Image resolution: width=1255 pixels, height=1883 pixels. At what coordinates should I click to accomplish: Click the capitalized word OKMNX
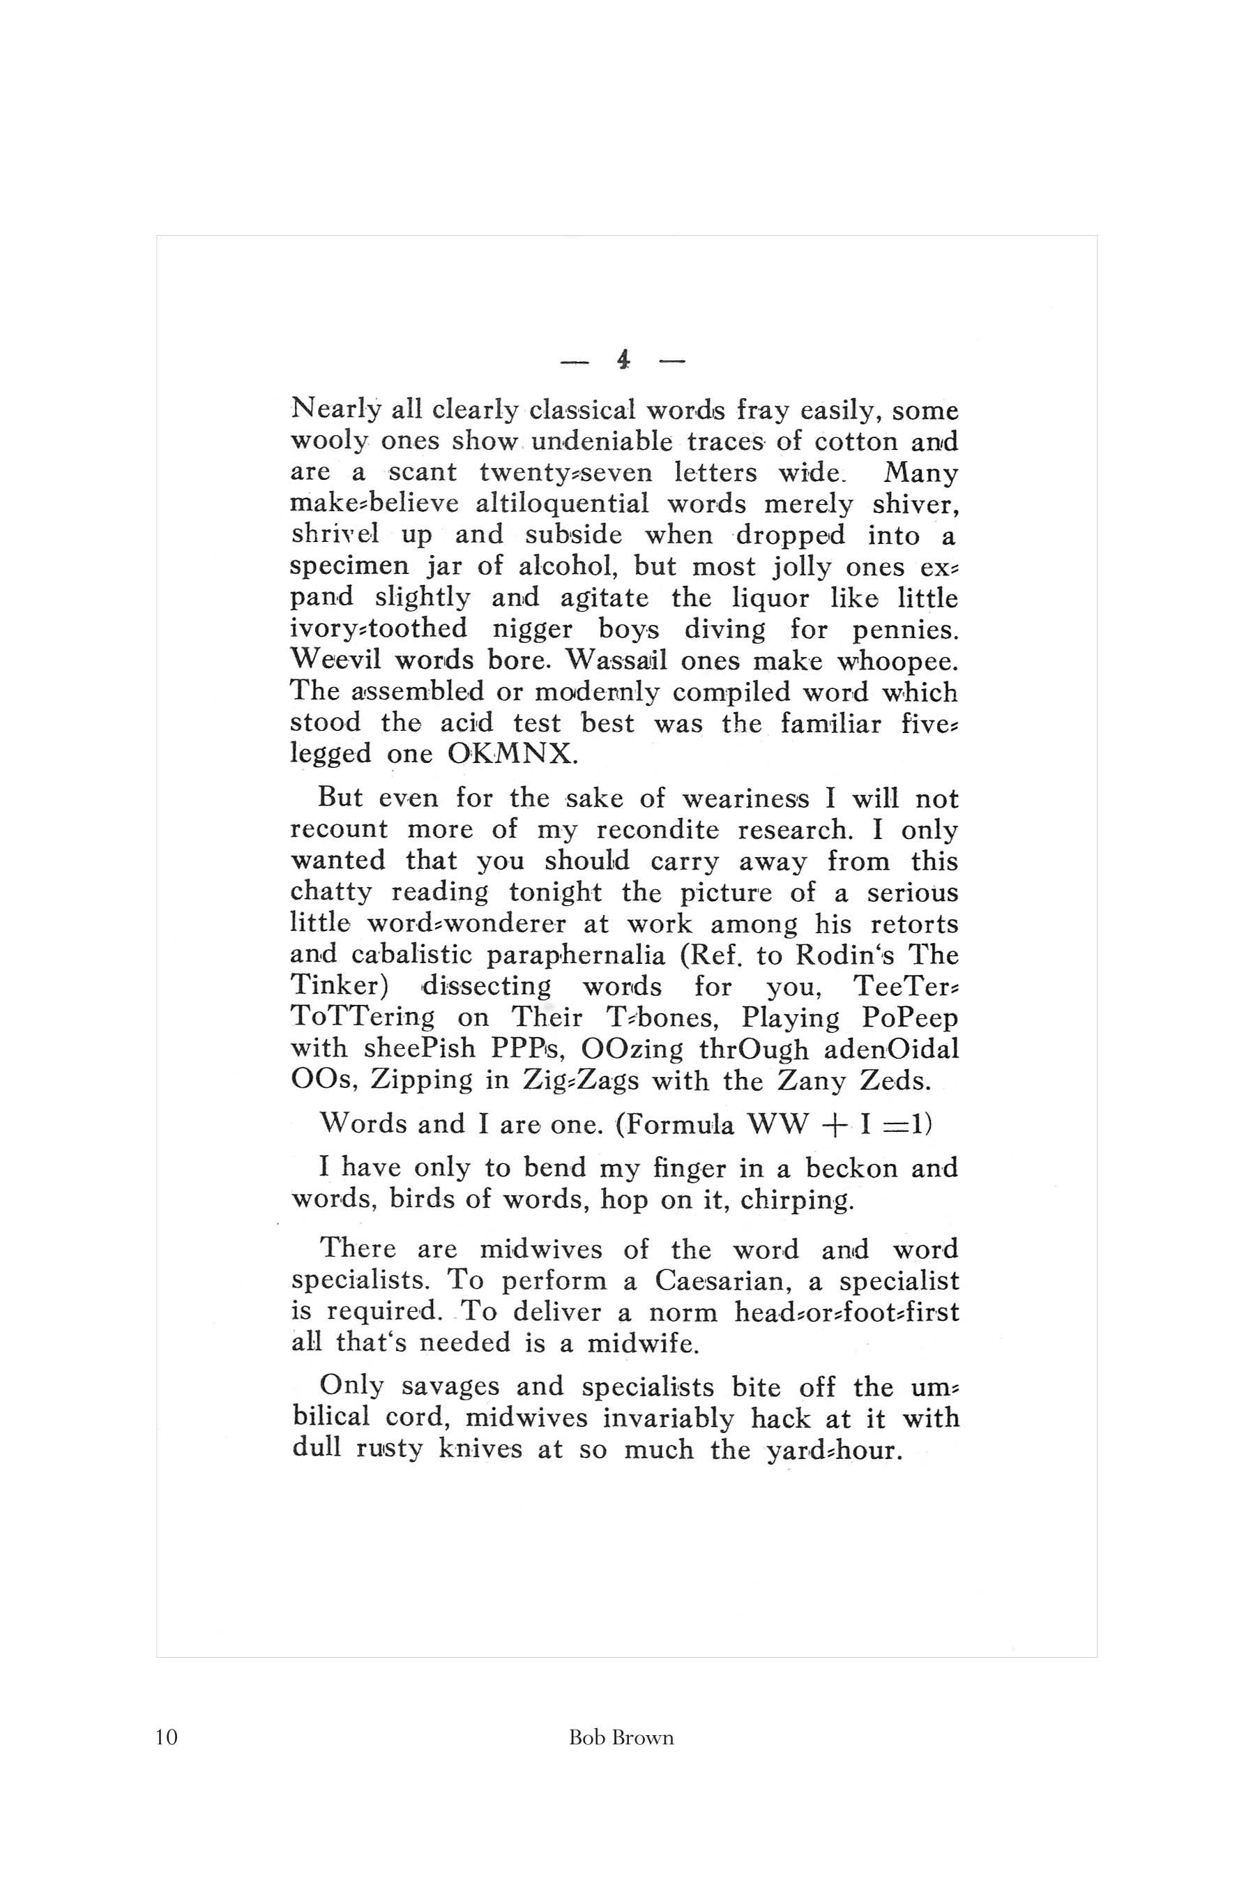click(512, 754)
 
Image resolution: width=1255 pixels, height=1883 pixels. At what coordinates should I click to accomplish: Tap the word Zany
click(811, 1081)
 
